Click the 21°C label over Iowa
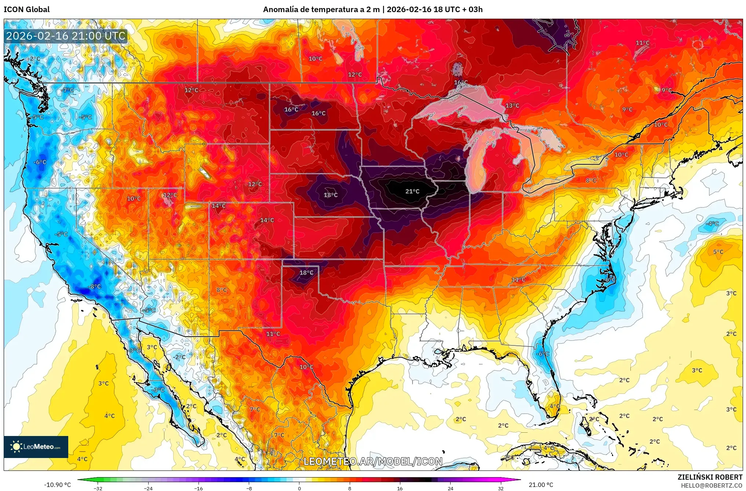tap(412, 191)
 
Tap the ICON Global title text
tap(26, 9)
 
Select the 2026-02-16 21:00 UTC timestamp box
tap(66, 36)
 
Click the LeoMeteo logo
tap(36, 447)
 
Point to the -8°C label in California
tap(95, 286)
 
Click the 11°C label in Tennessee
tap(518, 279)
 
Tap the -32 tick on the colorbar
tap(98, 488)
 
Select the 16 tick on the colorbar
tap(400, 488)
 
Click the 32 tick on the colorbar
tap(501, 488)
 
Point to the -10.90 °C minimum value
tap(58, 485)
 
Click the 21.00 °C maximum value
tap(541, 485)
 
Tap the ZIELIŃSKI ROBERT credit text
tap(710, 477)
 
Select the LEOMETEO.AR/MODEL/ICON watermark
tap(373, 461)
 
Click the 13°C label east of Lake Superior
tap(512, 106)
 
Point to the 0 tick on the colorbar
tap(299, 488)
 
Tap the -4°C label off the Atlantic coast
tap(713, 223)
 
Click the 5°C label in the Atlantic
tap(718, 252)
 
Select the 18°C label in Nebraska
tap(330, 195)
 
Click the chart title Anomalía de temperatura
tap(372, 9)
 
